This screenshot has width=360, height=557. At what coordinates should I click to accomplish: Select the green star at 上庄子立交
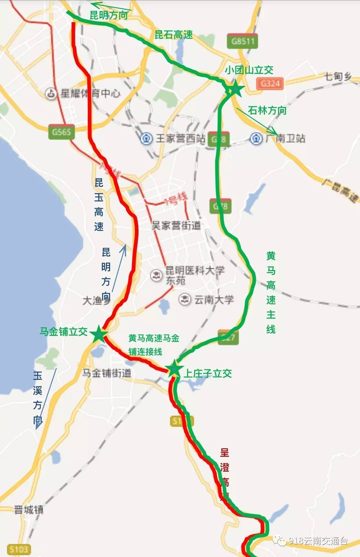174,369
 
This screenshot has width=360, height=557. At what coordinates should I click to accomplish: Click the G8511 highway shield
242,41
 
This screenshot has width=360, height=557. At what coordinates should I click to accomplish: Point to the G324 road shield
270,84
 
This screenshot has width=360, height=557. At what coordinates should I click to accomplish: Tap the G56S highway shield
61,132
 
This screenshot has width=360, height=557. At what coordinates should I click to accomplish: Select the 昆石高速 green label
174,35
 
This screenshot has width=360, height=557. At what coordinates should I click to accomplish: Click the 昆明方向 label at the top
109,15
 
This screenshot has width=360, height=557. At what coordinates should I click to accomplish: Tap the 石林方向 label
267,111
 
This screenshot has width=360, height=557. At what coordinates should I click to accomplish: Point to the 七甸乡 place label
338,77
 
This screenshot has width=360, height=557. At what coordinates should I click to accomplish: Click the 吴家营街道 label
176,225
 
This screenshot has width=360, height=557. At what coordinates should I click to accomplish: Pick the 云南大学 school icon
185,299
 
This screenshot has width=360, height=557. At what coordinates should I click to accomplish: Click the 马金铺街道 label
107,373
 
